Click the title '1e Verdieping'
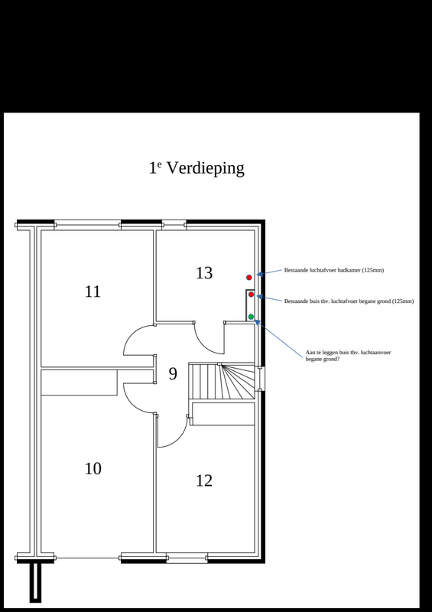click(197, 168)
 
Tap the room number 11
click(93, 291)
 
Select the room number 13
click(204, 273)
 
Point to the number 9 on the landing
click(173, 373)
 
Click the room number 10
click(93, 468)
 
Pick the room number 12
click(204, 480)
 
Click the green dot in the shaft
click(251, 317)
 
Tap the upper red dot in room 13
click(248, 277)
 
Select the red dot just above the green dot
click(251, 295)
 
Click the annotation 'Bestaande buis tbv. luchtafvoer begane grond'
click(348, 301)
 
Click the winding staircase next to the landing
click(222, 381)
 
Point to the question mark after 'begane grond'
click(339, 359)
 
